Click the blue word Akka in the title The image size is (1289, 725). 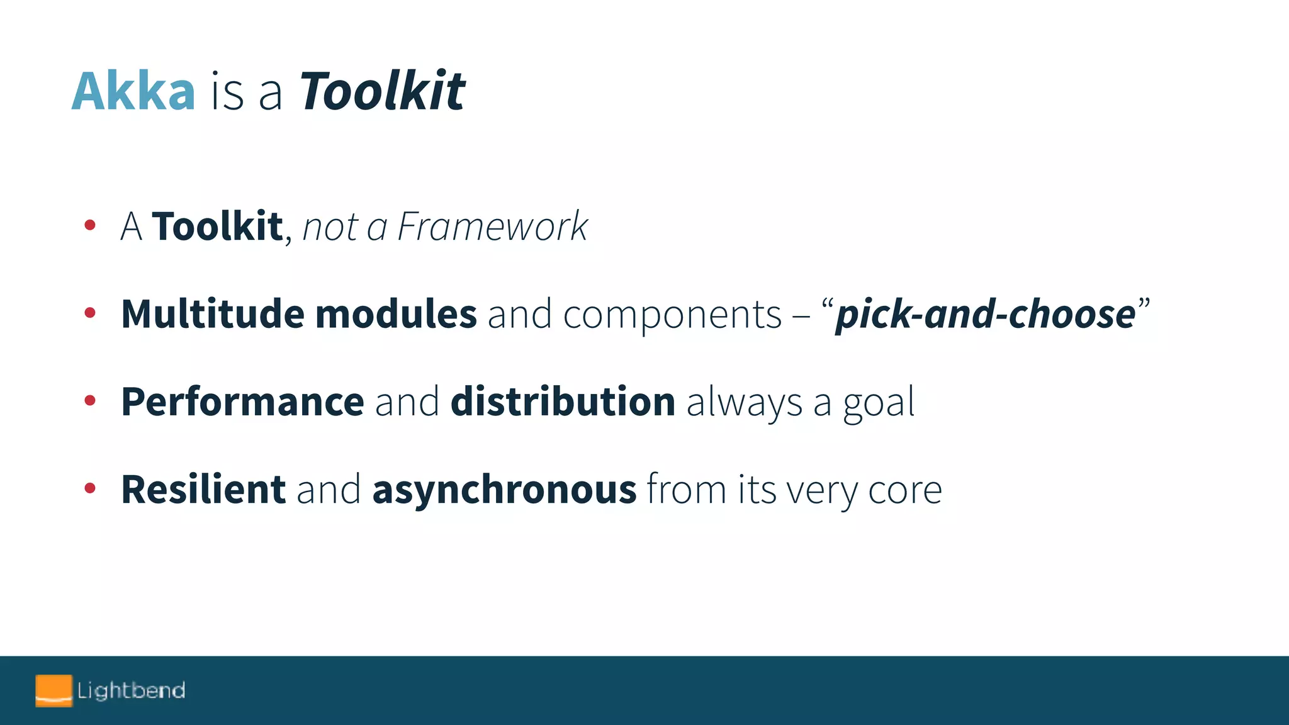pos(133,92)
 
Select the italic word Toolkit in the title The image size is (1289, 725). pos(381,92)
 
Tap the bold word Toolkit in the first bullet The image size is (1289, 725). pos(217,227)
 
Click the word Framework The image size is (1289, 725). pos(492,227)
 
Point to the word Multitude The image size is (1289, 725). pos(213,314)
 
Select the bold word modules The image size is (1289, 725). pos(396,314)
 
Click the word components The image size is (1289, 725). pos(672,315)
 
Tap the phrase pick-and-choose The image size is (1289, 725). pos(985,314)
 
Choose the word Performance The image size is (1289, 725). pos(242,402)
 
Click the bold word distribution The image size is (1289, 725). pos(563,402)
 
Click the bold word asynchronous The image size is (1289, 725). pos(504,491)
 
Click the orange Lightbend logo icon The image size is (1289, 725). pos(53,690)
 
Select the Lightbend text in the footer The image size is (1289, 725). pos(131,690)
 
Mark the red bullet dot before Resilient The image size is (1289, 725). pos(90,488)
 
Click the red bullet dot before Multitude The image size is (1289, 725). pos(90,312)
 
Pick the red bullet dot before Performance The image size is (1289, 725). pos(90,400)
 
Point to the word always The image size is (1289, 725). pos(744,403)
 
